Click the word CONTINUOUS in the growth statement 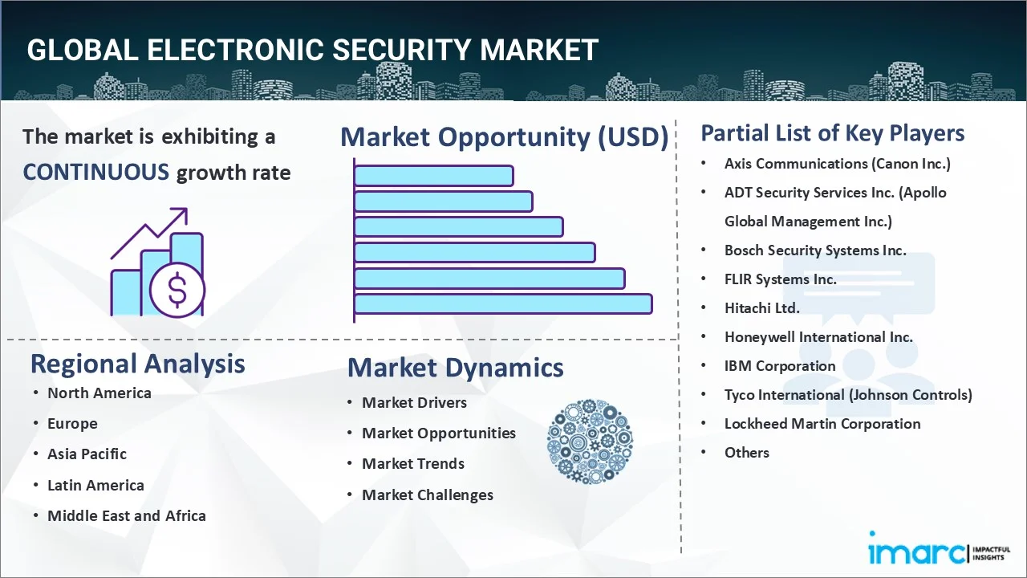[96, 173]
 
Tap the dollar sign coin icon [177, 291]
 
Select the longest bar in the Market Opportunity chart [503, 304]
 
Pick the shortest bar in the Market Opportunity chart [434, 176]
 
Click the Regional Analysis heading [137, 364]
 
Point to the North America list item [99, 393]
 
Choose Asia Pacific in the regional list [87, 454]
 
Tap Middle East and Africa [127, 515]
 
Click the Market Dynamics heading [455, 368]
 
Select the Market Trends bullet [413, 464]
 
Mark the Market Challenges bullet [428, 495]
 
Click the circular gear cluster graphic [590, 442]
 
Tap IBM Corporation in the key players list [780, 366]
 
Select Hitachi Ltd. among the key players [762, 308]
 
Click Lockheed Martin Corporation [822, 424]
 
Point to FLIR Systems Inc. [781, 279]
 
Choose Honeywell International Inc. [818, 337]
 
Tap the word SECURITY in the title [402, 50]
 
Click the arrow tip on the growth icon [187, 209]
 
